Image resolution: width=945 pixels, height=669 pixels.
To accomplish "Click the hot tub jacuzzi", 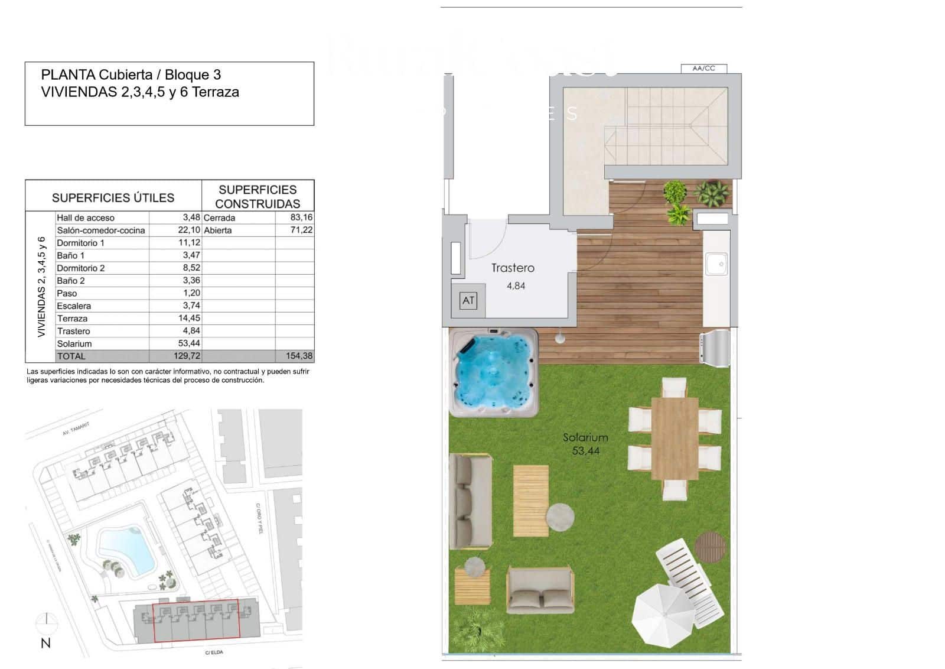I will (x=494, y=373).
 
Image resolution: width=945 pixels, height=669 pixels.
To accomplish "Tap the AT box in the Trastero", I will (x=468, y=301).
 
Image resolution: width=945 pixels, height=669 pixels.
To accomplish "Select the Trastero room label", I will (x=513, y=268).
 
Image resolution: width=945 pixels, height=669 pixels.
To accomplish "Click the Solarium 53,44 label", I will (x=585, y=444).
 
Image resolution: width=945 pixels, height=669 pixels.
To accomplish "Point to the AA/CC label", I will (x=703, y=69).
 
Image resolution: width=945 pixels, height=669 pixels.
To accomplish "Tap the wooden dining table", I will (x=674, y=438).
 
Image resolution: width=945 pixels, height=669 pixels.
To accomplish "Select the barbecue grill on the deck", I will (x=715, y=348).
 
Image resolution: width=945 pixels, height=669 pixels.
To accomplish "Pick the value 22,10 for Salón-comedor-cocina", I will (x=189, y=230).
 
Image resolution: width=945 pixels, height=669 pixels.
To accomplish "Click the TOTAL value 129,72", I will (x=187, y=356).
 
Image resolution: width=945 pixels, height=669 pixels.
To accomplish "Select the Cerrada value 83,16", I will (x=301, y=217).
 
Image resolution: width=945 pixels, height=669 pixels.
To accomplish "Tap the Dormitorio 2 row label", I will (x=81, y=268).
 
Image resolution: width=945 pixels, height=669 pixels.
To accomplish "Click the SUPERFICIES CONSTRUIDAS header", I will (x=258, y=196).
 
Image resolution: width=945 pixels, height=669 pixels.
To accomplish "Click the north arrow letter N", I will (x=45, y=643).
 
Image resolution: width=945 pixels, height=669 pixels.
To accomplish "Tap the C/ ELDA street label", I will (x=214, y=652).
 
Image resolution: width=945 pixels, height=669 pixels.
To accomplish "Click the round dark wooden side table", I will (x=710, y=547).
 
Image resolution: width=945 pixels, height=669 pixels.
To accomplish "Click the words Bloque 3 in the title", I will (x=193, y=74).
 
